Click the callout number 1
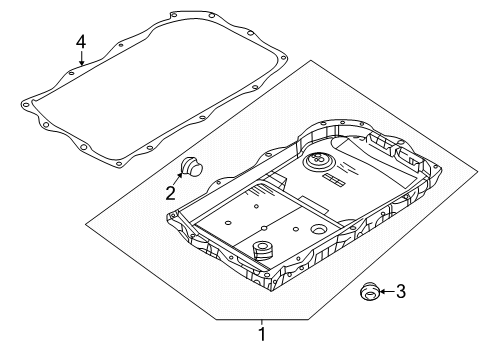pyautogui.click(x=263, y=334)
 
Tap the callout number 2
pyautogui.click(x=171, y=193)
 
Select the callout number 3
pyautogui.click(x=401, y=291)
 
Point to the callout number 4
pyautogui.click(x=81, y=43)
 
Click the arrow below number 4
pyautogui.click(x=81, y=58)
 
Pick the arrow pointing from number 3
pyautogui.click(x=387, y=291)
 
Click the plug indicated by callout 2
pyautogui.click(x=191, y=167)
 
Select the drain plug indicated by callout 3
pyautogui.click(x=370, y=291)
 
